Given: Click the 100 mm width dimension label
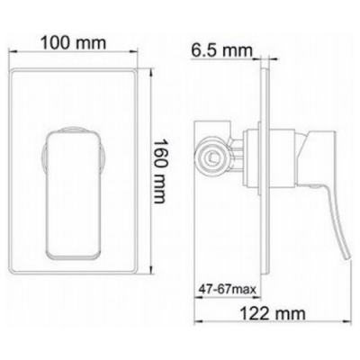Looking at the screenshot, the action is [x=74, y=43].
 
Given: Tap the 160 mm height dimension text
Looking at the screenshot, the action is [x=159, y=171].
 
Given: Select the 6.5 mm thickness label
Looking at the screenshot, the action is [x=222, y=50].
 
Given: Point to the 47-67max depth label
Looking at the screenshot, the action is [x=228, y=290].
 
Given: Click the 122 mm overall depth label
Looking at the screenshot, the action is [x=273, y=313].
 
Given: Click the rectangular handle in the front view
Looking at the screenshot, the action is [x=74, y=195].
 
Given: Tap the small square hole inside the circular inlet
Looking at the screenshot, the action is [x=213, y=157].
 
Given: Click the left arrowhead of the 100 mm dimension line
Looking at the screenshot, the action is [x=13, y=51].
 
